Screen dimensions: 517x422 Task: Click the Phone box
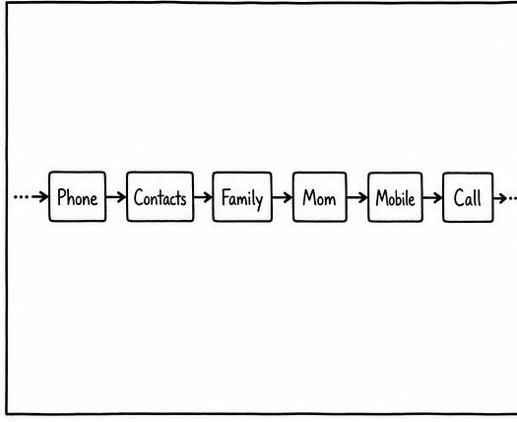point(78,196)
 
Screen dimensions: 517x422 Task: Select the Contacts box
point(161,197)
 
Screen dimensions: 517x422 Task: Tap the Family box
point(242,197)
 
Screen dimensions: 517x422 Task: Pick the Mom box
point(319,197)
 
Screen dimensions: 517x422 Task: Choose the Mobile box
point(395,197)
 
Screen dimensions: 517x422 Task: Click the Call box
point(468,198)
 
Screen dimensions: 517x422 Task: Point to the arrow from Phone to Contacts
point(116,197)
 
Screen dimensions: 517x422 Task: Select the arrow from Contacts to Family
point(203,197)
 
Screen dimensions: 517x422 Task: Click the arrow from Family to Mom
point(283,197)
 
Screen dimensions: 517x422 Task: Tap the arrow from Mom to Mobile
point(357,198)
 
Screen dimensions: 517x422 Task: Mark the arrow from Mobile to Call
point(432,198)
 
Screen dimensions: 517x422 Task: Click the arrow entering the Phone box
point(40,197)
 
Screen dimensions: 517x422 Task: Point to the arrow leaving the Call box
point(500,198)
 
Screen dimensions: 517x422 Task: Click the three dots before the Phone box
point(21,197)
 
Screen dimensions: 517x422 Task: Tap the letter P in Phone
point(61,197)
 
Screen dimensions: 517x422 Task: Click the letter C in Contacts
point(138,197)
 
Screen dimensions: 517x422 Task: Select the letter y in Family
point(259,201)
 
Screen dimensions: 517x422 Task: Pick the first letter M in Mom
point(309,197)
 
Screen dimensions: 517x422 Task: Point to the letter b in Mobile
point(400,198)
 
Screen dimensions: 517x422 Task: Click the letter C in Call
point(458,198)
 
